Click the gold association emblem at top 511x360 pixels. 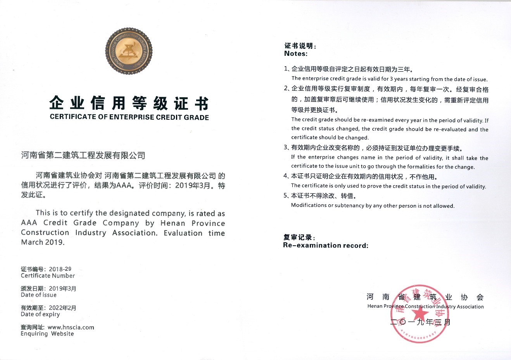click(x=129, y=51)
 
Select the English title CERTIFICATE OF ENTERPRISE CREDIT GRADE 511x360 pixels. click(x=129, y=117)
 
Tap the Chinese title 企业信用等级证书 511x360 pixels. click(x=129, y=103)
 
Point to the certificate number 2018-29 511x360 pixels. click(x=60, y=269)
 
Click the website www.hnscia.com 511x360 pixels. click(x=71, y=327)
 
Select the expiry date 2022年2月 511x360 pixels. click(x=62, y=308)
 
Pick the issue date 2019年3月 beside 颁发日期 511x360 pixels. click(x=62, y=288)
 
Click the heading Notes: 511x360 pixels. click(x=296, y=54)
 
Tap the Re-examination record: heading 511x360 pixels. click(x=326, y=245)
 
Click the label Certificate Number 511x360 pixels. click(x=48, y=276)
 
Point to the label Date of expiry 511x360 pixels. click(x=40, y=314)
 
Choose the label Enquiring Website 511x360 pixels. click(x=47, y=334)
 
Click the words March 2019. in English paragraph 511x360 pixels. click(x=43, y=242)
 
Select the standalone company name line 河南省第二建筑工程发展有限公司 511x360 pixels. click(x=83, y=155)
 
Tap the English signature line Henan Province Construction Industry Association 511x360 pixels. click(x=425, y=307)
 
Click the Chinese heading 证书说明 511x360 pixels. click(x=300, y=46)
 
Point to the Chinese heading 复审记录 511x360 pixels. click(x=299, y=237)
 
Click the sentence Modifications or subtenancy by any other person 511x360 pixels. click(x=373, y=205)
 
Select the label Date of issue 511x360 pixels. click(x=39, y=295)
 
